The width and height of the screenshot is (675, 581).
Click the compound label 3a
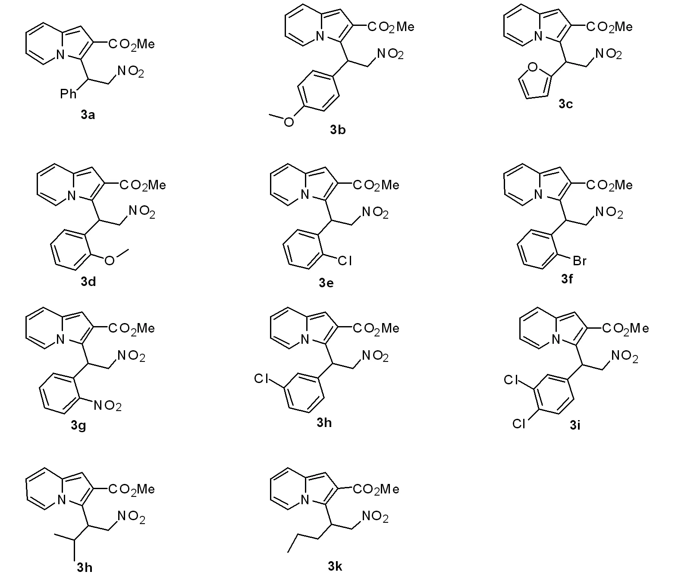[x=88, y=115]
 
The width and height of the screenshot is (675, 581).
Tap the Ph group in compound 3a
[x=68, y=93]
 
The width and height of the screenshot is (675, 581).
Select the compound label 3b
[x=338, y=129]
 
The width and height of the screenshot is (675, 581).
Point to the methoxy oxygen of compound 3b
[x=289, y=122]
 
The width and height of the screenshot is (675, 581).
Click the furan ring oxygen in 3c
[x=533, y=67]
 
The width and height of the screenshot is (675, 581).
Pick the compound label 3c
[x=565, y=104]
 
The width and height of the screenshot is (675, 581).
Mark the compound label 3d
[x=88, y=282]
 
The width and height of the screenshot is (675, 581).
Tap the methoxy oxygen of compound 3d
[x=110, y=260]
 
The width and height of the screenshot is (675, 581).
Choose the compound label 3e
[x=326, y=283]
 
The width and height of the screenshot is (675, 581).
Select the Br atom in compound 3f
[x=580, y=261]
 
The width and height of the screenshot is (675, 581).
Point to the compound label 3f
[x=567, y=279]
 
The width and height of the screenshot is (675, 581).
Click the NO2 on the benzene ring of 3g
[x=108, y=405]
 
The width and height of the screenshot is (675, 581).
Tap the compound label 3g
[x=78, y=426]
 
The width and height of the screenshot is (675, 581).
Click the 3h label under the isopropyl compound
[x=85, y=567]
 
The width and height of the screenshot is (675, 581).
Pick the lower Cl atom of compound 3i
[x=519, y=424]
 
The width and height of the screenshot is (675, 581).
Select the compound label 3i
[x=575, y=426]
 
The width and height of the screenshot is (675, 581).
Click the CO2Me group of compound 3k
[x=376, y=489]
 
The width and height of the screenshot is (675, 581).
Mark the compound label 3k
[x=335, y=566]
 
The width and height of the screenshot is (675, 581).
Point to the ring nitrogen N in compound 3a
[x=61, y=55]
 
